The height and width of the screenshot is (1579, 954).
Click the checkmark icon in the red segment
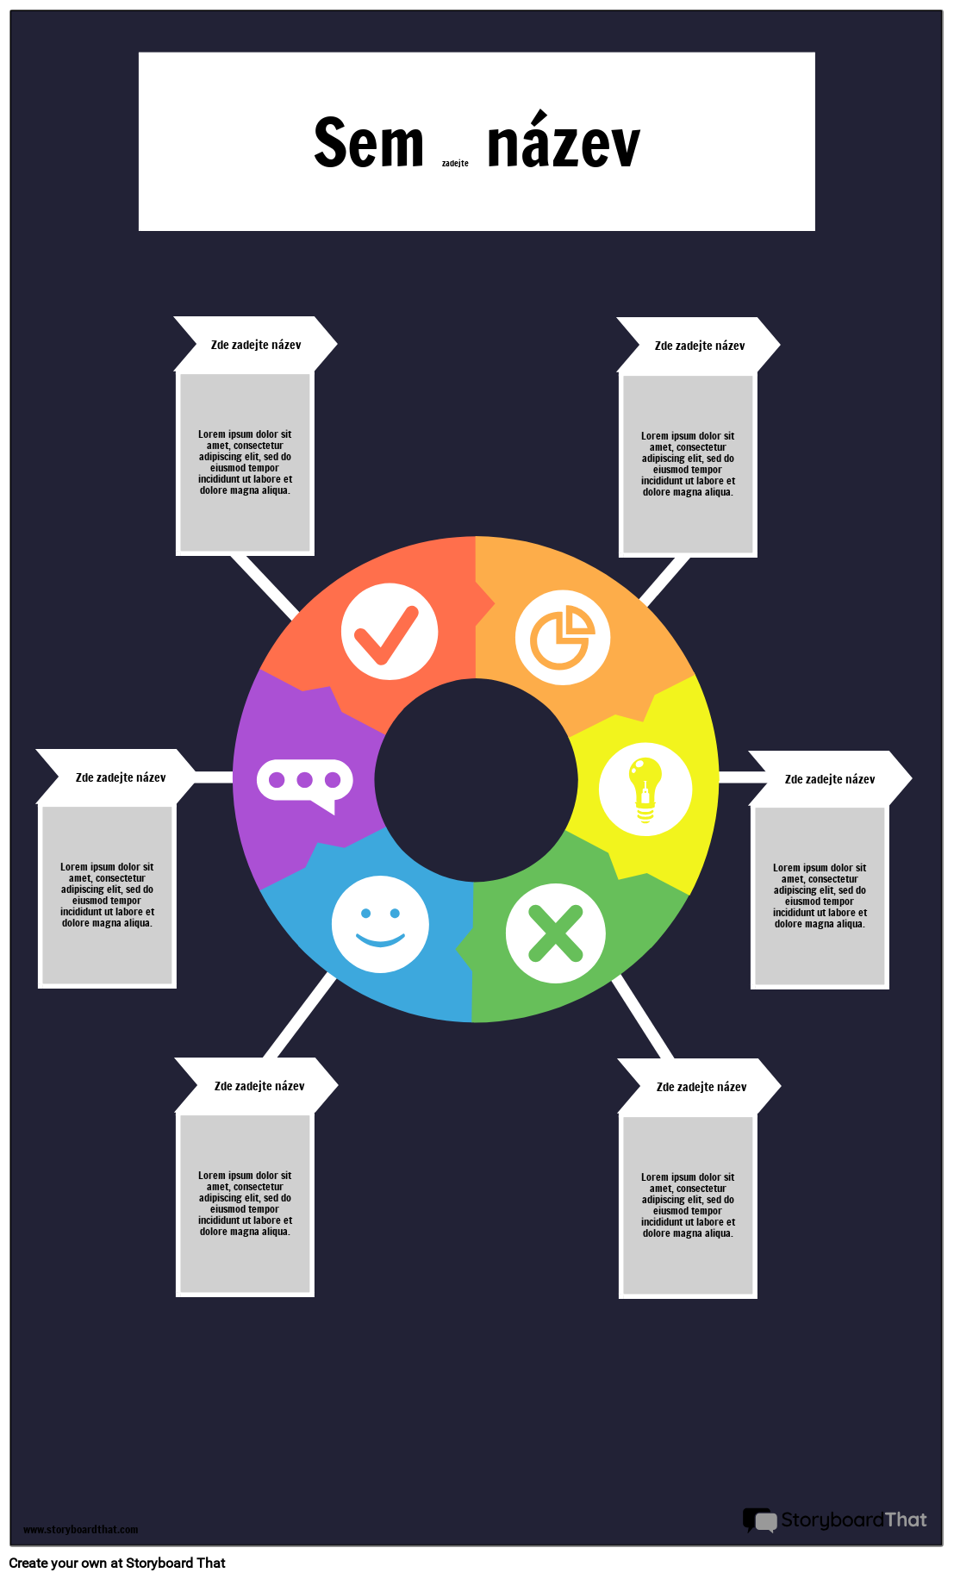tap(390, 632)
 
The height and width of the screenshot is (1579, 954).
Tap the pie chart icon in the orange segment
tap(563, 638)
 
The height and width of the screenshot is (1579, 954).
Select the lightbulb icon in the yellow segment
tap(645, 789)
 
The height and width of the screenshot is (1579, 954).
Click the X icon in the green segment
tap(555, 933)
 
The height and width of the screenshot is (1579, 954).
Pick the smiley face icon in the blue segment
tap(380, 925)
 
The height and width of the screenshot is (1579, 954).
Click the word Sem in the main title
tap(369, 143)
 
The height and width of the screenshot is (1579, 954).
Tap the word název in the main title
tap(564, 140)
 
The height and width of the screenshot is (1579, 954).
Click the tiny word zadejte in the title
tap(455, 163)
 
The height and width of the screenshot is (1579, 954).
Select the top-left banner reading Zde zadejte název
tap(256, 345)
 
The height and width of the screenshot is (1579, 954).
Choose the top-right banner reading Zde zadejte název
tap(699, 346)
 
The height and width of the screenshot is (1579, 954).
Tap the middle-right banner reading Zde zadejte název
tap(830, 779)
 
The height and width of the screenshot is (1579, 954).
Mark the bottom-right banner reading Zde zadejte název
tap(701, 1087)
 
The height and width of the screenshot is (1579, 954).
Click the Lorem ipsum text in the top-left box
tap(245, 463)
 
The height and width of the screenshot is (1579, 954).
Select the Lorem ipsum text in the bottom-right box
tap(688, 1205)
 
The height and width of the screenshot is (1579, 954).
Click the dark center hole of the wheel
tap(476, 780)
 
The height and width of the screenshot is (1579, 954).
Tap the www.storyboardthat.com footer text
tap(80, 1530)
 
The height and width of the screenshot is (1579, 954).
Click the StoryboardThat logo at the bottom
tap(835, 1520)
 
